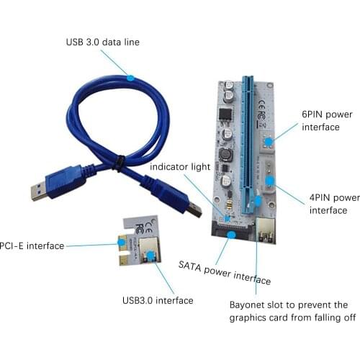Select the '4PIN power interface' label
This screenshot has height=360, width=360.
pos(334,203)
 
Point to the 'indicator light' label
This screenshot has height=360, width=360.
pos(180,166)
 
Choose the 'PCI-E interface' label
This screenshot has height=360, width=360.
pos(32,246)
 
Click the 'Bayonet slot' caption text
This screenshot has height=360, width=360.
pos(288,311)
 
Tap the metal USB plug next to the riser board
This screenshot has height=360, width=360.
pos(196,209)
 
